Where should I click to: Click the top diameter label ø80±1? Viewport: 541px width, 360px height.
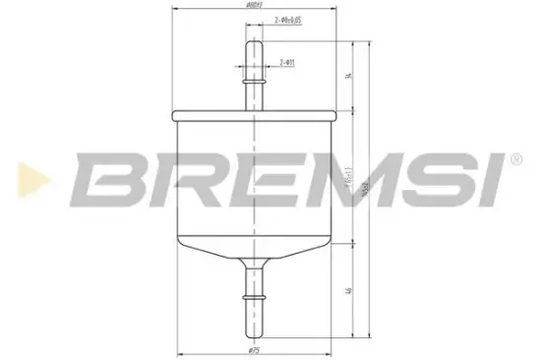(x=257, y=9)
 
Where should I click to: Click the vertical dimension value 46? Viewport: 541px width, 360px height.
(x=349, y=292)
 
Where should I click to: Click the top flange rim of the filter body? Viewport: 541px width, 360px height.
(x=256, y=109)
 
